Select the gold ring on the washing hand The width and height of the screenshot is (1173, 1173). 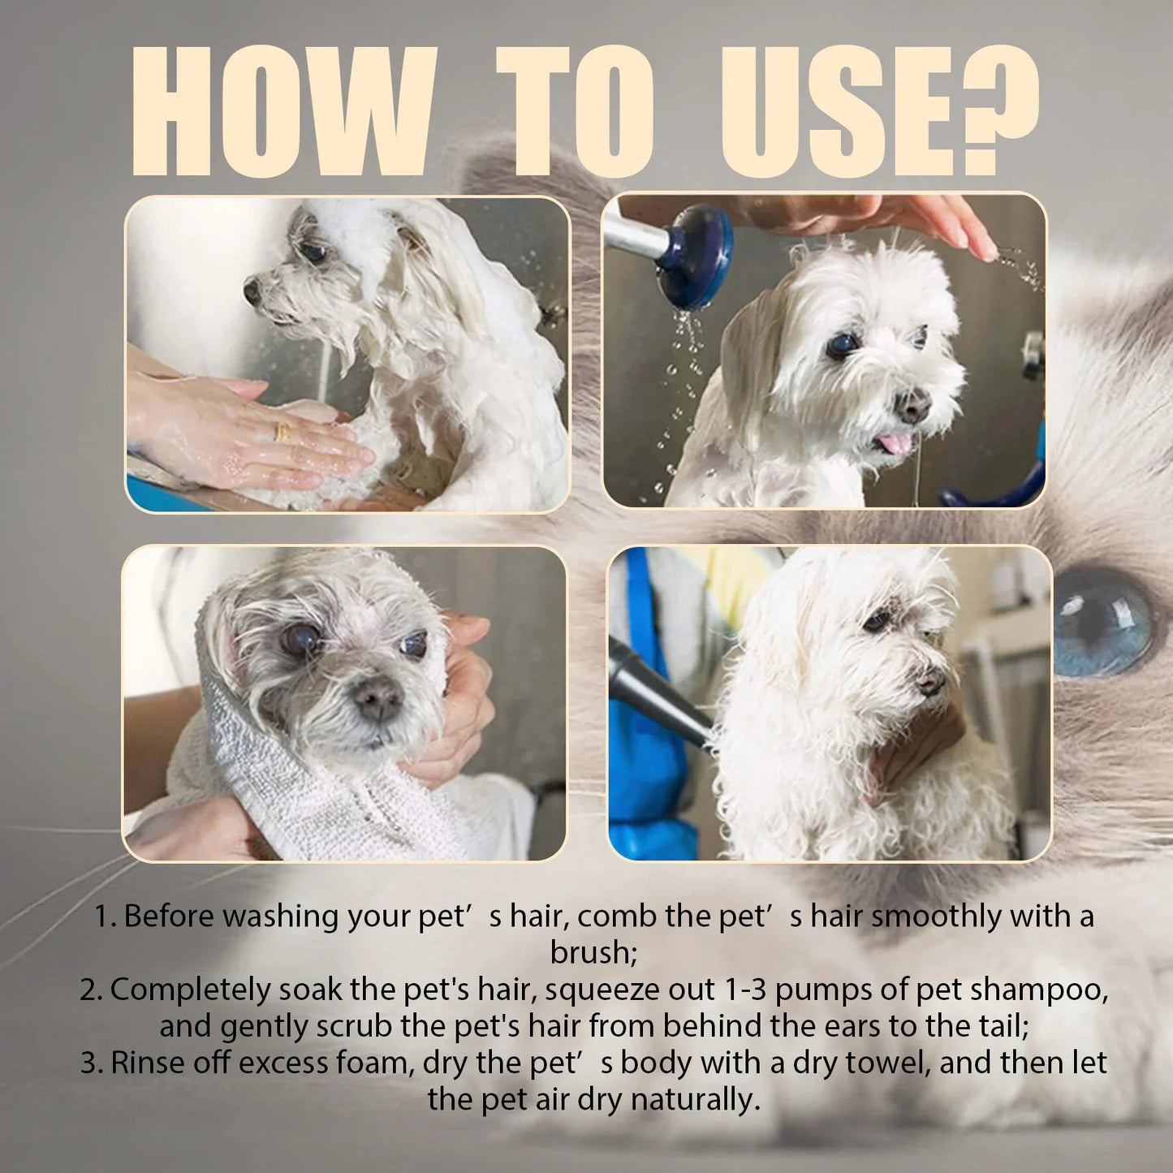(282, 431)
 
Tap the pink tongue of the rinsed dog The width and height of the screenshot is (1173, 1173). (895, 443)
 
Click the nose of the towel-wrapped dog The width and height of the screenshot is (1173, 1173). (377, 696)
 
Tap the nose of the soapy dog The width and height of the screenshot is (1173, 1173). (252, 290)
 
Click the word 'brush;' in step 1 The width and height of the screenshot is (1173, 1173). (593, 952)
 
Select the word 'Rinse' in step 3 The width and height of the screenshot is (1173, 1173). (149, 1063)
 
